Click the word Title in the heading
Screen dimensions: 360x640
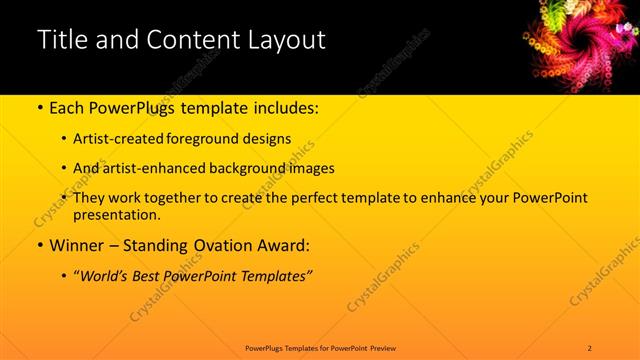(x=61, y=41)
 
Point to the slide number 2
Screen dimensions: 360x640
(x=590, y=347)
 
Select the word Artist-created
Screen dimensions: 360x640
(x=121, y=138)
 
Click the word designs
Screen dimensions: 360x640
(x=268, y=138)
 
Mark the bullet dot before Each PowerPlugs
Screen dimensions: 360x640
(x=39, y=108)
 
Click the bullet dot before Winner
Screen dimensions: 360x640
(x=39, y=245)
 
